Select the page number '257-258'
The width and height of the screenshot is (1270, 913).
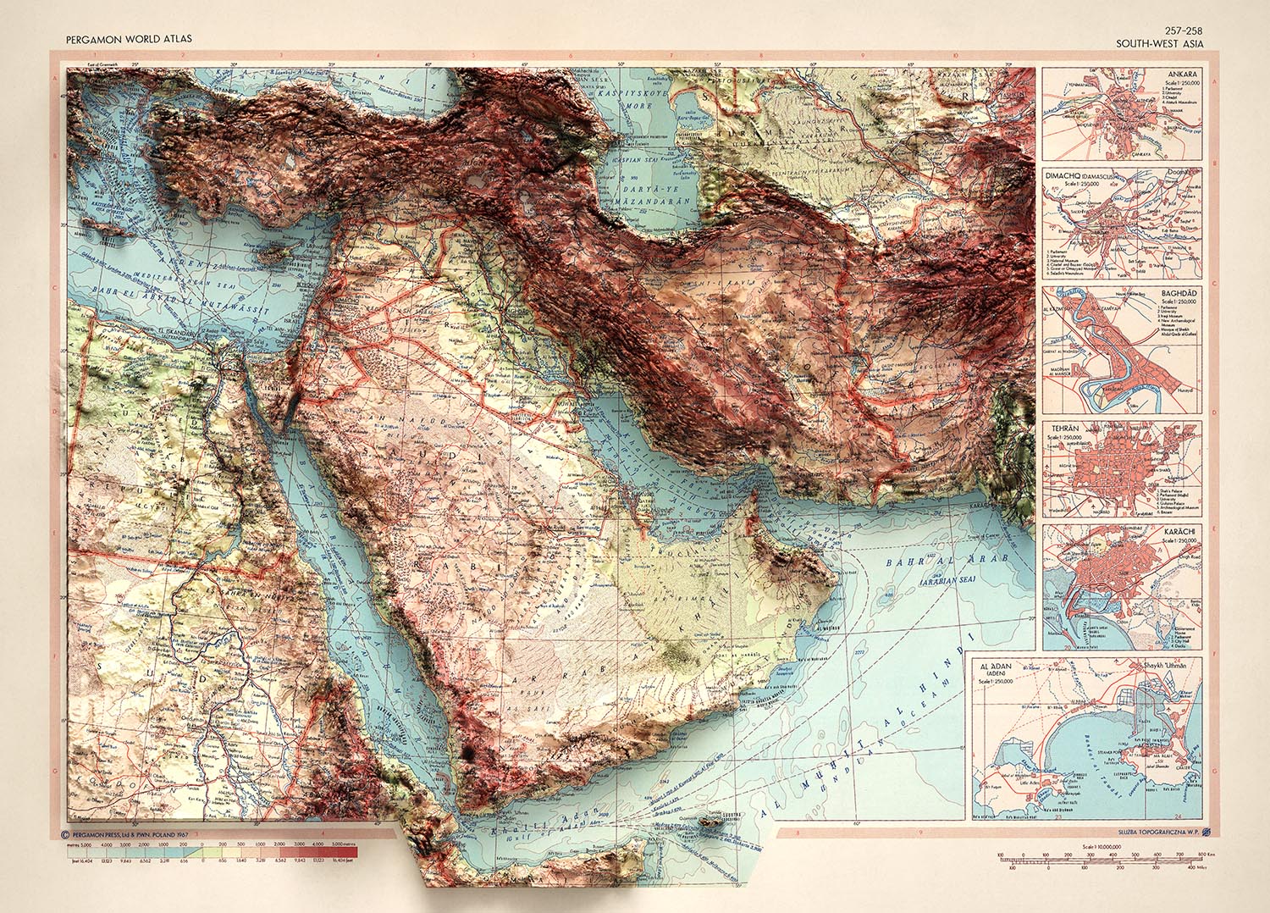point(1182,31)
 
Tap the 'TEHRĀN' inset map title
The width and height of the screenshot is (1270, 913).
point(1063,429)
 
